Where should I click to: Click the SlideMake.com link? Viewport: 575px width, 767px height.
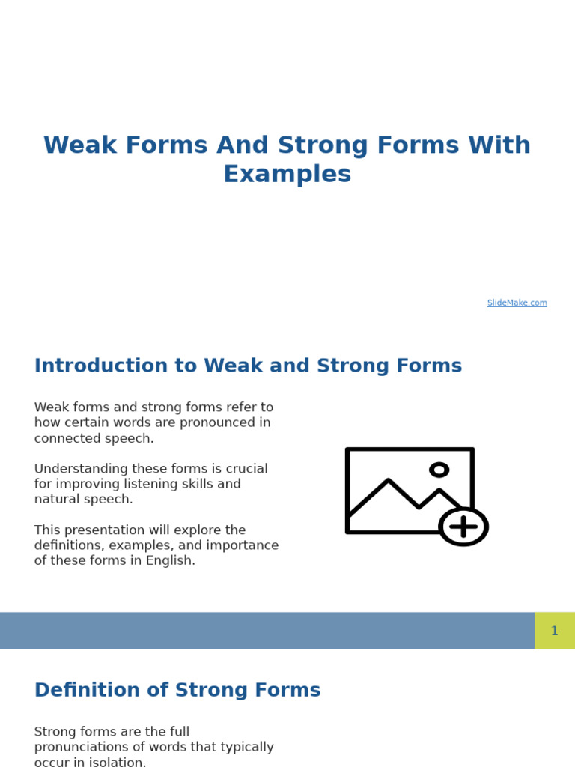click(517, 303)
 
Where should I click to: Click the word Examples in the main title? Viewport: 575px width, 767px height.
click(287, 175)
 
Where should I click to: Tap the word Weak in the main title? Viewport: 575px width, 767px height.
click(79, 145)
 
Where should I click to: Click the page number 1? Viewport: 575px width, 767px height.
click(554, 631)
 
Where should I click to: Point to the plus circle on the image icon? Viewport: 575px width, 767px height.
click(463, 527)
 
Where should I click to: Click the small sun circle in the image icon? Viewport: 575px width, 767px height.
click(439, 470)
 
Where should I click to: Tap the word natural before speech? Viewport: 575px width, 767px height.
click(57, 499)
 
